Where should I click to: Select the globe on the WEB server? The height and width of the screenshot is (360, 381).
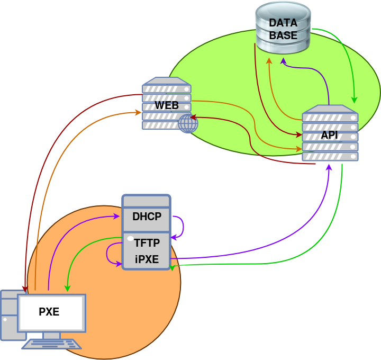(x=188, y=123)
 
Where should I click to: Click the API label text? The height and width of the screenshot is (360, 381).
(x=329, y=135)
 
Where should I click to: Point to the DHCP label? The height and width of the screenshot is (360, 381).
(x=147, y=216)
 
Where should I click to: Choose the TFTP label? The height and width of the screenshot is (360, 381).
(x=147, y=244)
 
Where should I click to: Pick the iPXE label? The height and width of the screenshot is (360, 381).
(x=147, y=259)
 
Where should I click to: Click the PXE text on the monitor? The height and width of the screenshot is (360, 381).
(x=49, y=312)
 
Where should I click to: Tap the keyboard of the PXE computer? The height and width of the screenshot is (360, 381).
(x=52, y=344)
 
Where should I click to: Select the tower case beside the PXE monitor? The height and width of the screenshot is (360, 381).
(x=8, y=315)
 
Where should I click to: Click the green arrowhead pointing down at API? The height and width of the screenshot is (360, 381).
(x=355, y=100)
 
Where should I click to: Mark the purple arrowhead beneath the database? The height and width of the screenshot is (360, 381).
(x=283, y=61)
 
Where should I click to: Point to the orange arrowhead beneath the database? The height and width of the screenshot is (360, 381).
(x=269, y=61)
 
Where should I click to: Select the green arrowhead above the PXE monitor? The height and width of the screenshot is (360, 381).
(x=67, y=289)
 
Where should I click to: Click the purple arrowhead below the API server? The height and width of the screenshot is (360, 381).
(x=329, y=167)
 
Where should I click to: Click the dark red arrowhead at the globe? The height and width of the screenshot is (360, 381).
(x=193, y=117)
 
